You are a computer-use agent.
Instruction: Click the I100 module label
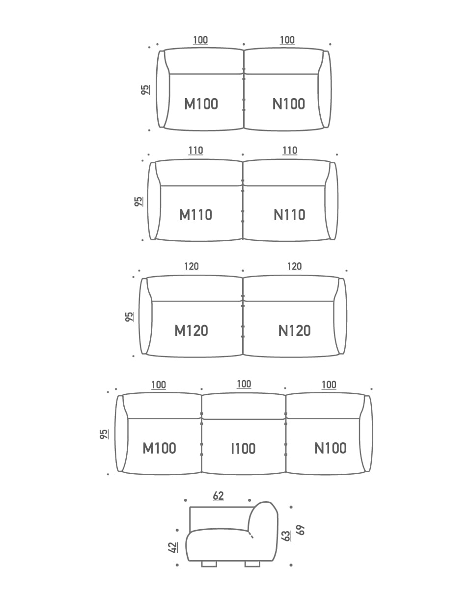(243, 449)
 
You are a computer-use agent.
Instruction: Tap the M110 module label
(195, 215)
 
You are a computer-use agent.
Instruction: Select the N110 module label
(289, 215)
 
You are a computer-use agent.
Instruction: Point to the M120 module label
(192, 331)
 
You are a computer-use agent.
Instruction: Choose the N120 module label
(294, 331)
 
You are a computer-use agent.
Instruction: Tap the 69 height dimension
(301, 530)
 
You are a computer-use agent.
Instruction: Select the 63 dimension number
(286, 536)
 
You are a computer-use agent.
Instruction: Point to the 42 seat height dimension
(173, 547)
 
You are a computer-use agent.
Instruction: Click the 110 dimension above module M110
(195, 150)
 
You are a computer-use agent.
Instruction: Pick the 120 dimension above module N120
(294, 266)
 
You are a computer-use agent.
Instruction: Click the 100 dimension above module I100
(244, 384)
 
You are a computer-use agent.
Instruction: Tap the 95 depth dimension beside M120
(129, 317)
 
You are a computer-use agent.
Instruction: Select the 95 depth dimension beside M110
(139, 202)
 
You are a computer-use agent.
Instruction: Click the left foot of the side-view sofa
(209, 564)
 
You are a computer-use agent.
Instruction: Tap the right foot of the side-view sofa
(252, 564)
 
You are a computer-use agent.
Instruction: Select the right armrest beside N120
(340, 316)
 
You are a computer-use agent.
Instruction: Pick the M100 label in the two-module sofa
(201, 104)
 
